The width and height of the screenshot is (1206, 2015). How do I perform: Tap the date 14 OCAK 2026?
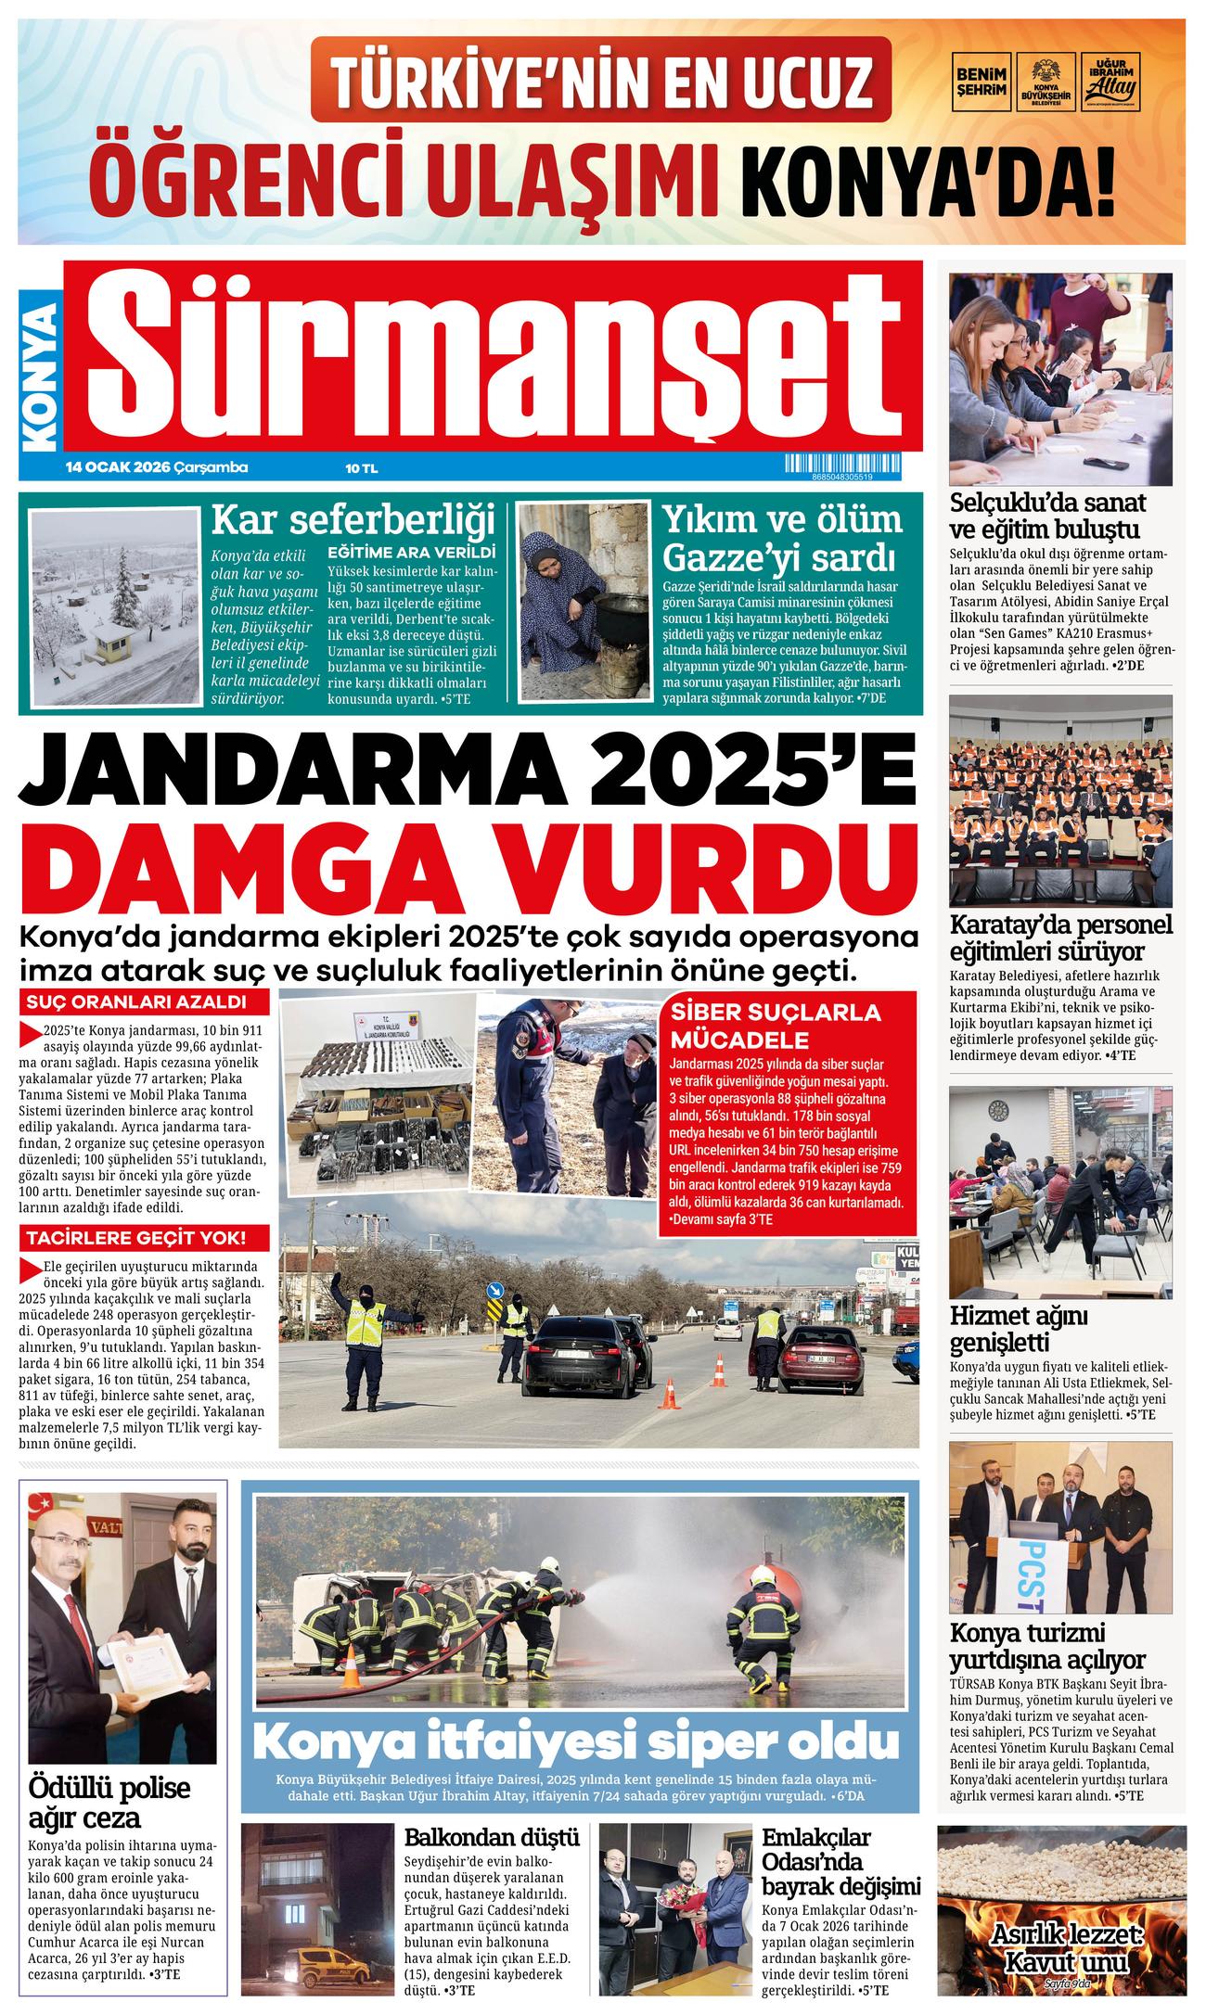pos(116,467)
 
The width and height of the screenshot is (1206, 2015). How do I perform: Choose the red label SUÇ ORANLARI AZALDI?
pos(135,1002)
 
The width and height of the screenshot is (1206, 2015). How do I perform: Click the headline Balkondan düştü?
pos(492,1836)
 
